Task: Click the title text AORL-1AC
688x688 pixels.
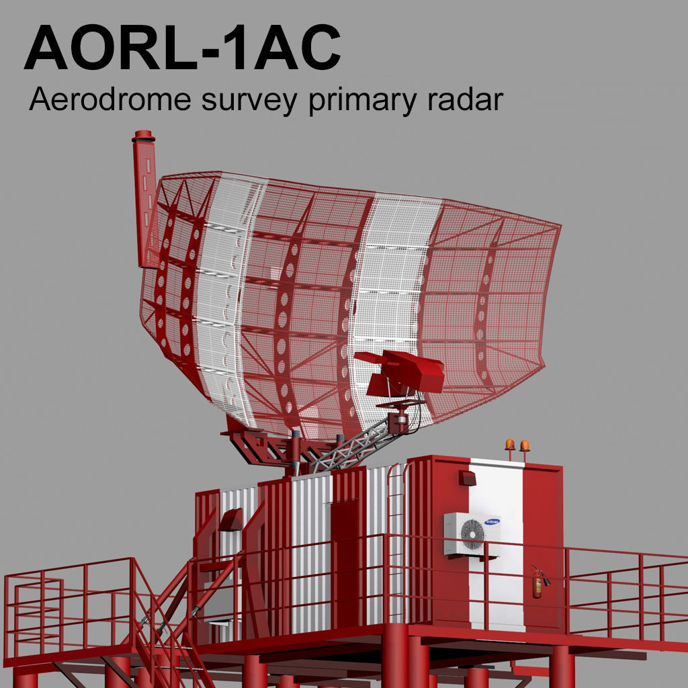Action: (182, 48)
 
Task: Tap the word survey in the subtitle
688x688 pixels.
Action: (243, 101)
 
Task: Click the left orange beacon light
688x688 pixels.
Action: (510, 445)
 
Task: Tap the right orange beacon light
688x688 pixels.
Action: (525, 445)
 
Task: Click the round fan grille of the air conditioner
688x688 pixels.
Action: (472, 534)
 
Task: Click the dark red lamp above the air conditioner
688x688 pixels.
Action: (468, 478)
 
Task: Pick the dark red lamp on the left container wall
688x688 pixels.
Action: (230, 519)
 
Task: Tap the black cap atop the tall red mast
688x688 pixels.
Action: (143, 137)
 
